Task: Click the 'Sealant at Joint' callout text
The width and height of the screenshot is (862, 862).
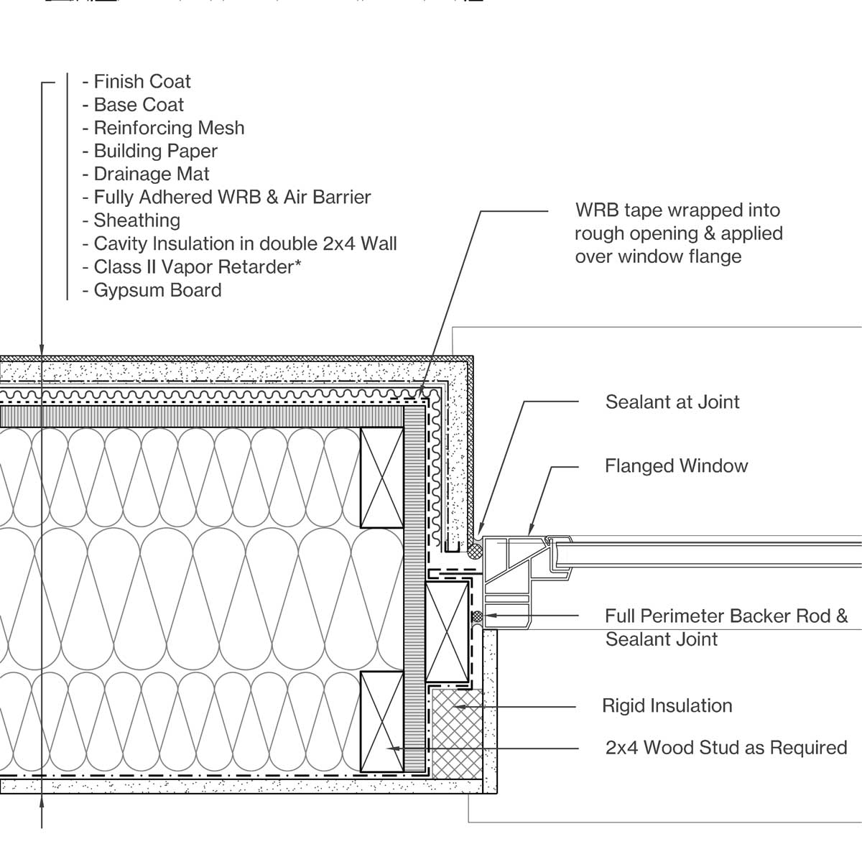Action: [672, 402]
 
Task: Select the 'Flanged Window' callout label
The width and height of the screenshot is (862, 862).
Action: [676, 465]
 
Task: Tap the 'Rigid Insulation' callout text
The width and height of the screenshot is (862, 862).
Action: [667, 705]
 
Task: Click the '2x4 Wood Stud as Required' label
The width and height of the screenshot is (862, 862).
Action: [726, 747]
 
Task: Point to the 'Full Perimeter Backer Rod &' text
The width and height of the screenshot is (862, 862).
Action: [726, 616]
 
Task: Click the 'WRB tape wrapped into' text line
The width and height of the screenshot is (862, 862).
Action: [677, 210]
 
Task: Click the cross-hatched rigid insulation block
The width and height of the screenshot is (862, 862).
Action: [455, 733]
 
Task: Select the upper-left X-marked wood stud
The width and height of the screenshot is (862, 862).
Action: [381, 478]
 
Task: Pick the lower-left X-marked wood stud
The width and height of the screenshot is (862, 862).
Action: [381, 721]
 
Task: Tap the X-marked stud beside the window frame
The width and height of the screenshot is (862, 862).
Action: [447, 632]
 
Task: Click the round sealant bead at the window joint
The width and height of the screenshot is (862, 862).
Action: [475, 552]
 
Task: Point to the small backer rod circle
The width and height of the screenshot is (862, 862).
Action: [476, 616]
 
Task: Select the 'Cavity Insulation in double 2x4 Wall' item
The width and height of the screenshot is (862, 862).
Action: [244, 244]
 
